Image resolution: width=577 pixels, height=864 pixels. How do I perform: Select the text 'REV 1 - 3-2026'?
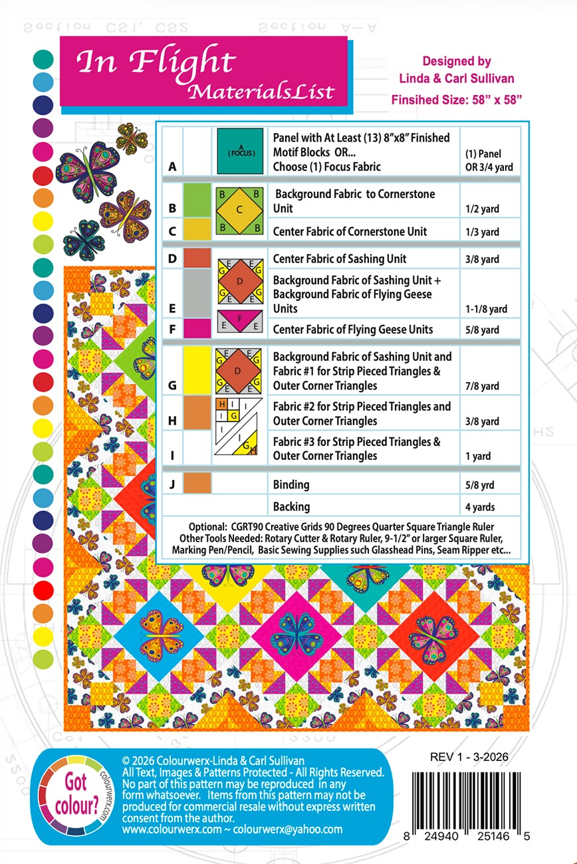469,756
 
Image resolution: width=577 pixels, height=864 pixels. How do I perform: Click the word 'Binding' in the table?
291,485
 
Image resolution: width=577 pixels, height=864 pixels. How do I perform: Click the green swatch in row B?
197,199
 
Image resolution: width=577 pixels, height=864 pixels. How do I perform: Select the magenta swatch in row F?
197,329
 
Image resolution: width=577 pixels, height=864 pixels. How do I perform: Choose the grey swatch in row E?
197,292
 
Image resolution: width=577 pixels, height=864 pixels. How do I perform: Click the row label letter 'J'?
172,485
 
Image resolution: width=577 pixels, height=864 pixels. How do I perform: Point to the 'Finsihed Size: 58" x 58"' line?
456,100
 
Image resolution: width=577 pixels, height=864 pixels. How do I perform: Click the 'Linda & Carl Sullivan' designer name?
456,78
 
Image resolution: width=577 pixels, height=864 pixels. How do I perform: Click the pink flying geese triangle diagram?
240,322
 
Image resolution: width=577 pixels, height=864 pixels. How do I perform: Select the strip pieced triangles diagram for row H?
240,427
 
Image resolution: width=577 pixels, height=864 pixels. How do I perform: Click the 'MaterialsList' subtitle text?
261,92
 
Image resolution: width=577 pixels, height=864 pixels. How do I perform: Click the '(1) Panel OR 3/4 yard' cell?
489,160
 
